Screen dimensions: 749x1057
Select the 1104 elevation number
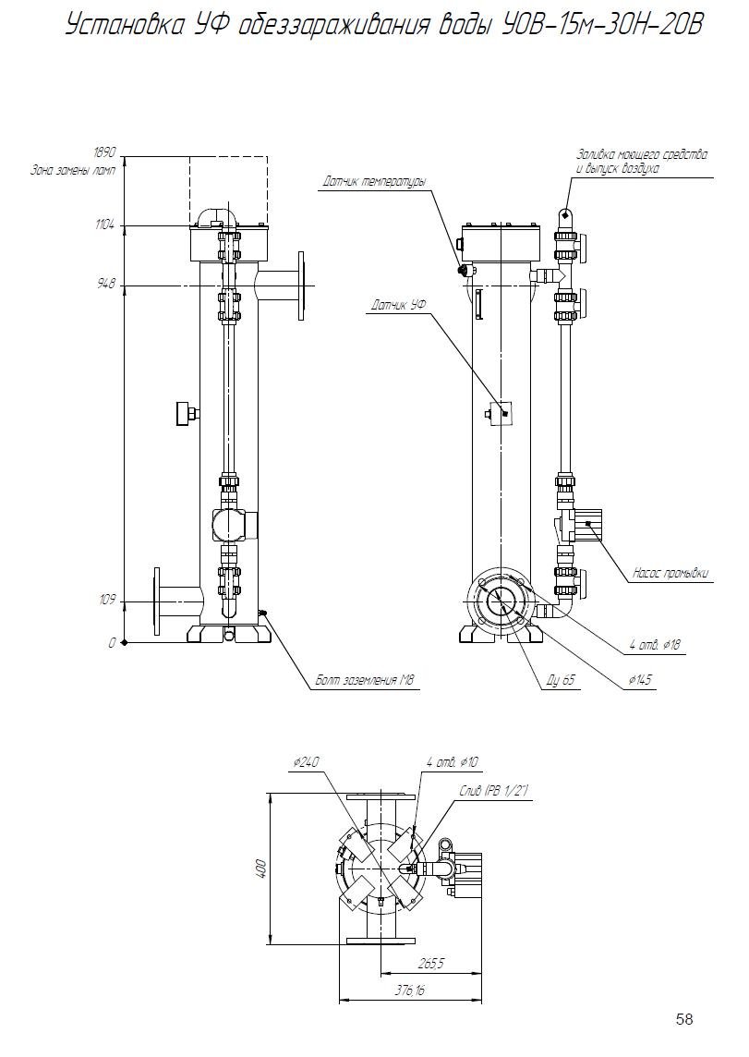tap(105, 225)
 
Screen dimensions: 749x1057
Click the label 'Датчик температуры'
tap(375, 182)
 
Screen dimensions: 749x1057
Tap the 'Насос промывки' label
tap(670, 574)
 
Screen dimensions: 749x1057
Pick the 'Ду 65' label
tap(561, 681)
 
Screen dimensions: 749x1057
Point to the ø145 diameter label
tap(640, 680)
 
